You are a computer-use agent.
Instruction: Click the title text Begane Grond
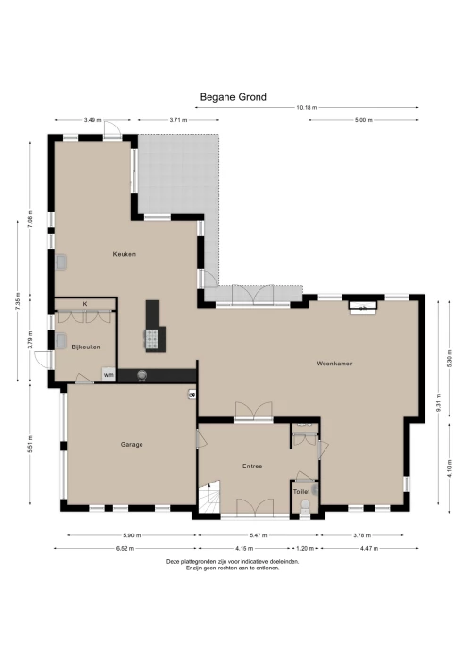tap(233, 96)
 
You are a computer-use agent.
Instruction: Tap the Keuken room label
tap(125, 254)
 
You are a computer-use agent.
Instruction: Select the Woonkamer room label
tap(334, 363)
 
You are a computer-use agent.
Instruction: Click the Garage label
tap(131, 444)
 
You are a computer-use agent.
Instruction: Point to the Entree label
tap(252, 466)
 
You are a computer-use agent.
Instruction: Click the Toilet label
tap(302, 492)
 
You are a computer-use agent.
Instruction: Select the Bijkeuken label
tap(87, 347)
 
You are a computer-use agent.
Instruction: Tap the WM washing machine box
tap(108, 375)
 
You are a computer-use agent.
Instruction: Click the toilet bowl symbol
tap(304, 507)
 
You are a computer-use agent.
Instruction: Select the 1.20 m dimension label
tap(306, 548)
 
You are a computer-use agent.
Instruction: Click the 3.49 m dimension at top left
tap(92, 120)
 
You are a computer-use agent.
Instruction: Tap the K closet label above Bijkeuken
tap(85, 303)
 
